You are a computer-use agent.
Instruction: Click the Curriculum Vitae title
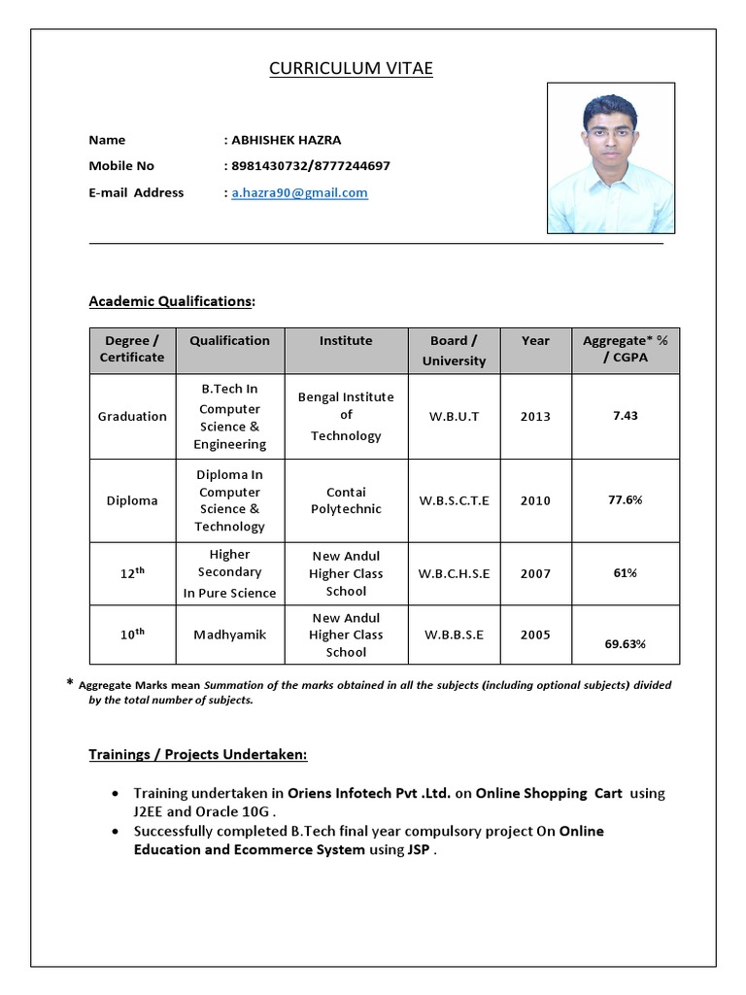tap(351, 68)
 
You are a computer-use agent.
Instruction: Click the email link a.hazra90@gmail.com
tap(299, 192)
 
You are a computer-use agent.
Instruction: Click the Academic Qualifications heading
tap(171, 301)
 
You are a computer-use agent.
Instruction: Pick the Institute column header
tap(346, 341)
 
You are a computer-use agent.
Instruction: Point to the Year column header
tap(535, 341)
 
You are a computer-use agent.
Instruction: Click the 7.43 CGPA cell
tap(626, 415)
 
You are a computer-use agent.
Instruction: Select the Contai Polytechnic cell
tap(346, 500)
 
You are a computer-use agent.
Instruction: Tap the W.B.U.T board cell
tap(454, 416)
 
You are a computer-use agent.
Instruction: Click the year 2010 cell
tap(535, 500)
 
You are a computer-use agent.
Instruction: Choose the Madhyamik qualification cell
tap(230, 635)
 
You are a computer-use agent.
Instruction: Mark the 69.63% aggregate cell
tap(626, 643)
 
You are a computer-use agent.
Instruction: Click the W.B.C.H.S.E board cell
tap(454, 573)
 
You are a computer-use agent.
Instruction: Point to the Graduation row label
tap(132, 416)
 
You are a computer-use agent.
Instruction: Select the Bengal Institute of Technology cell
tap(346, 416)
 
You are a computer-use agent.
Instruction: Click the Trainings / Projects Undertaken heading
tap(198, 754)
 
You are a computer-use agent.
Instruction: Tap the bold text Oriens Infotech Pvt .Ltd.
tap(369, 793)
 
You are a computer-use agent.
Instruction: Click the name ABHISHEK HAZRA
tap(287, 140)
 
